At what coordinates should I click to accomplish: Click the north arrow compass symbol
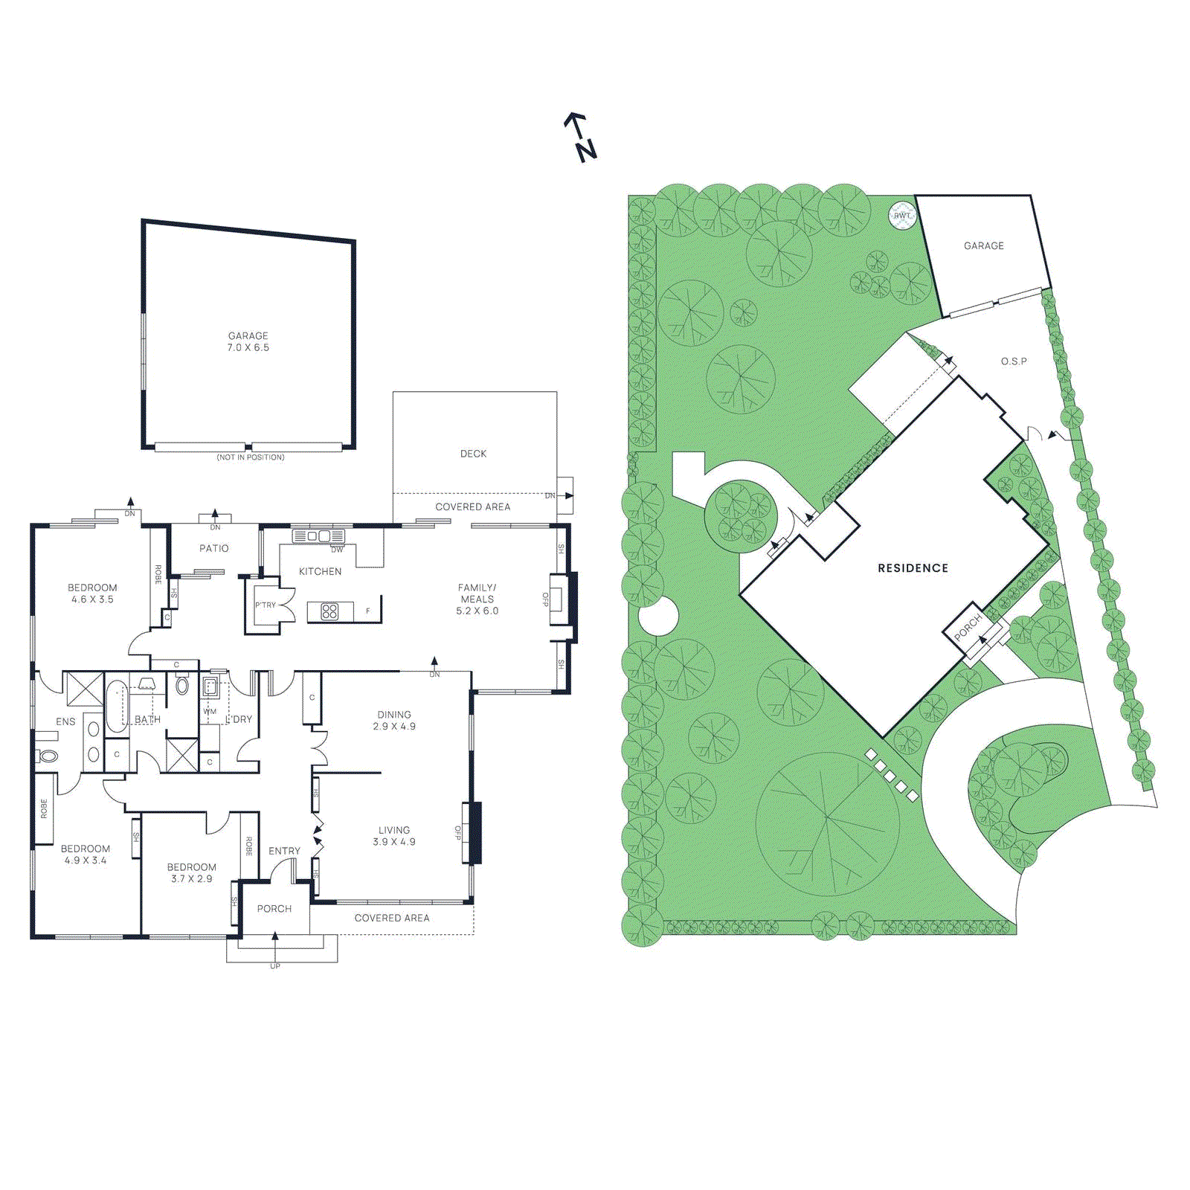tap(580, 138)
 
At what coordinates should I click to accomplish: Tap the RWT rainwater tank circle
tap(902, 215)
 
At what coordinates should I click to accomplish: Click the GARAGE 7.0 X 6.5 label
tap(248, 341)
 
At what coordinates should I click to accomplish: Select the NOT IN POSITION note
tap(251, 457)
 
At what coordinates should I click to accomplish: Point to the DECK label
tap(473, 454)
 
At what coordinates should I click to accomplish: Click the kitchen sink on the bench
tap(318, 535)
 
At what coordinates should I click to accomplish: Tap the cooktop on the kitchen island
tap(329, 611)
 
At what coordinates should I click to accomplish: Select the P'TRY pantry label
tap(266, 605)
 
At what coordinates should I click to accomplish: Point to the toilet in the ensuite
tap(48, 756)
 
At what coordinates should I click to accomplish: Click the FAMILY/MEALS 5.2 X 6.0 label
tap(477, 599)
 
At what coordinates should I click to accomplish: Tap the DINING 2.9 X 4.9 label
tap(394, 720)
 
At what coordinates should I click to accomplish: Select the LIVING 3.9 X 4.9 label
tap(394, 836)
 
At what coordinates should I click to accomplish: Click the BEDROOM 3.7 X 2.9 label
tap(192, 872)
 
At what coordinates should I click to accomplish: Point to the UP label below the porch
tap(275, 966)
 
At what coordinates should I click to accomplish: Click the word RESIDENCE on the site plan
tap(913, 568)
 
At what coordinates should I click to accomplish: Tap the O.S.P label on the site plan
tap(1014, 361)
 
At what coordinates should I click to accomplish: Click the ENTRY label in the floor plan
tap(284, 851)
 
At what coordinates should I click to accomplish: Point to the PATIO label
tap(214, 548)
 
